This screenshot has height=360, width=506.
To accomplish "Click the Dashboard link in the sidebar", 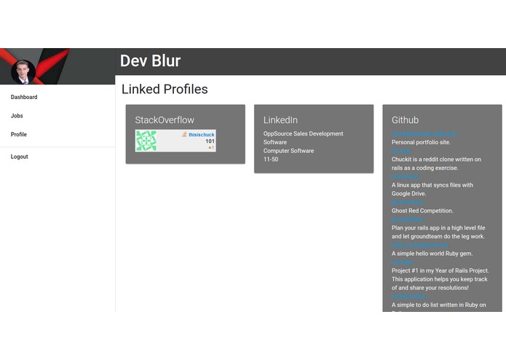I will pos(24,97).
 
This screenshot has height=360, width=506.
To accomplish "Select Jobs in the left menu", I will pos(17,116).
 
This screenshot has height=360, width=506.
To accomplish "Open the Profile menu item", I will pos(19,135).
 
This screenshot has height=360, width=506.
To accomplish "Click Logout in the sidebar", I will pos(20,157).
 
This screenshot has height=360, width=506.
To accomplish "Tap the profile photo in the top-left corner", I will pos(23,71).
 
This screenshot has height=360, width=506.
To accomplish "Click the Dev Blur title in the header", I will pos(150,61).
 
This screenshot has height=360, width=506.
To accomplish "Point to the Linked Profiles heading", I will pos(165,90).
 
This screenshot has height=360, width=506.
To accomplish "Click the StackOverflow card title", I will pos(165,120).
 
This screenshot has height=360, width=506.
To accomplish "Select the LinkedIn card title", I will pos(280,120).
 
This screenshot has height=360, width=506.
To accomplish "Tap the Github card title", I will pos(405,120).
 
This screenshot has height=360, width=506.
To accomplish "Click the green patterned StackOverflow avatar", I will pos(146,141).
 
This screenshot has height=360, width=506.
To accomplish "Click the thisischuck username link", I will pos(201,135).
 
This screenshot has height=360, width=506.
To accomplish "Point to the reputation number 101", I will pos(210,141).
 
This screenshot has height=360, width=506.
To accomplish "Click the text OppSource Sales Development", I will pos(303,134).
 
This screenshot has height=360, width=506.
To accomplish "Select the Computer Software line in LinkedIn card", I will pos(288,151).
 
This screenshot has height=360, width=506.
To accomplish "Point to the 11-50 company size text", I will pos(271,160).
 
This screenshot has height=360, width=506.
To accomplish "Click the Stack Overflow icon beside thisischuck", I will pos(184,135).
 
